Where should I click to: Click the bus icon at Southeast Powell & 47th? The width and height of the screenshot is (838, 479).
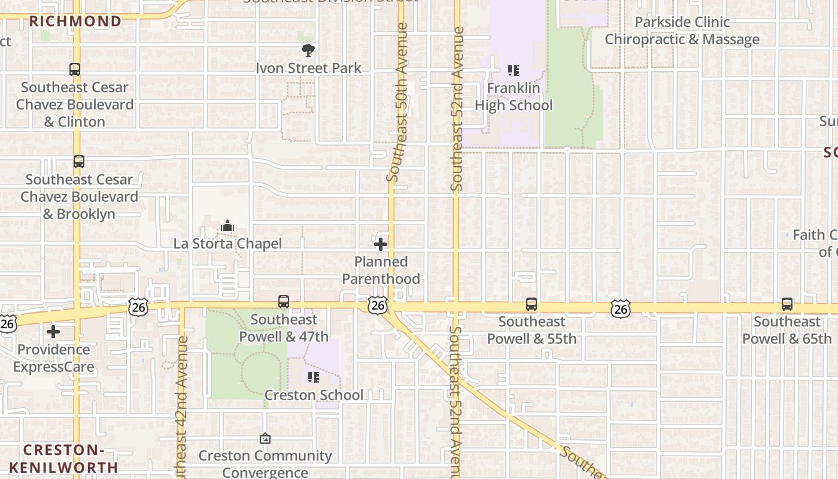coord(284,302)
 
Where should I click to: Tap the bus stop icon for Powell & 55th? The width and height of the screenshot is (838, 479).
coord(532,304)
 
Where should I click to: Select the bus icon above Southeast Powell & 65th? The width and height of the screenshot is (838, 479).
coord(787,304)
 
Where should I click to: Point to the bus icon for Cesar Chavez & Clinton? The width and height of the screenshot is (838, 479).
coord(75,69)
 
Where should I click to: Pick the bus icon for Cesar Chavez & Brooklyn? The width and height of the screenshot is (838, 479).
coord(78,162)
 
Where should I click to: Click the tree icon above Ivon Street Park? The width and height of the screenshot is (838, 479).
coord(308,50)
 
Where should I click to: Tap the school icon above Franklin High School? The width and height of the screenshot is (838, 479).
coord(513,71)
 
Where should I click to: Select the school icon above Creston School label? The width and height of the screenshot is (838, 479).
coord(313,377)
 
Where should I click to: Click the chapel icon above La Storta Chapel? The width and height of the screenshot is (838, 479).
coord(227,226)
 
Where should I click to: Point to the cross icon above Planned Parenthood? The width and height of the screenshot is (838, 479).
coord(381,244)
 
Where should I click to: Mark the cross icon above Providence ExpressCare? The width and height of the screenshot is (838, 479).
coord(53,332)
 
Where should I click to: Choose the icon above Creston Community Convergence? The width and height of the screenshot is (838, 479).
coord(265,439)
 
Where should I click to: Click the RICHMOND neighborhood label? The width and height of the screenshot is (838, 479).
coord(75,22)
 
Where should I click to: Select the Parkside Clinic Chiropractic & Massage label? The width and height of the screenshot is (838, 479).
coord(682,31)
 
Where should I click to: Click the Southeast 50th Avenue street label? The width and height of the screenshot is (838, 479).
coord(397,102)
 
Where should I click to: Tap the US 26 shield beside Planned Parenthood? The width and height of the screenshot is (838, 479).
coord(378,305)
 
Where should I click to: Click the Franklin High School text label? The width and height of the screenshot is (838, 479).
coord(514,96)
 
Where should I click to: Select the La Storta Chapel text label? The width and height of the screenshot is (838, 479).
coord(227,244)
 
